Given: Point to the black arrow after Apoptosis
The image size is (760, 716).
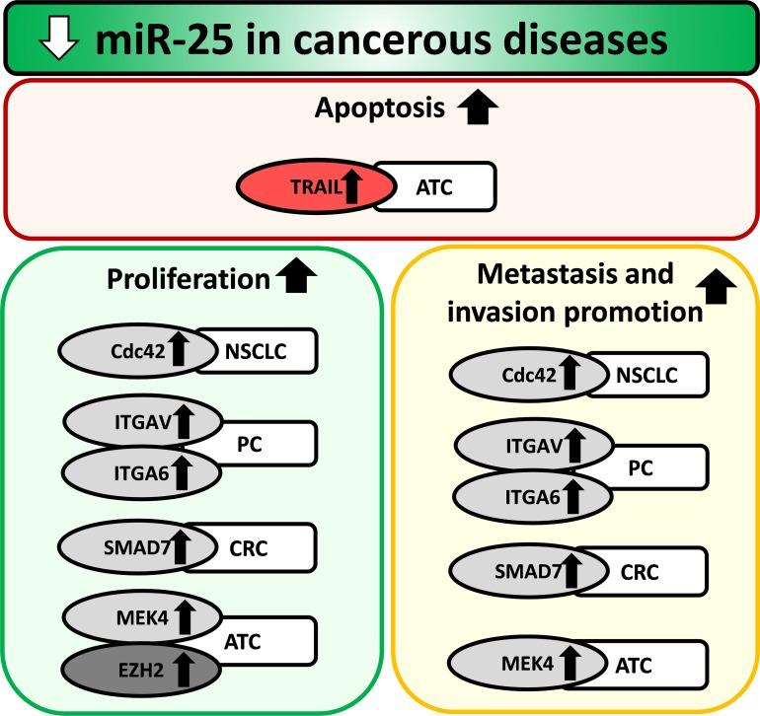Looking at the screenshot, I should (478, 108).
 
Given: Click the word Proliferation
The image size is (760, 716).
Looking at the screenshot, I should (188, 279).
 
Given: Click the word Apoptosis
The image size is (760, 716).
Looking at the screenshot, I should (379, 109).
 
